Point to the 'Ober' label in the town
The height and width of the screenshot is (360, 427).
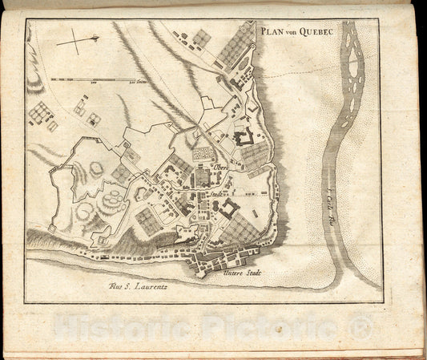point(221,167)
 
